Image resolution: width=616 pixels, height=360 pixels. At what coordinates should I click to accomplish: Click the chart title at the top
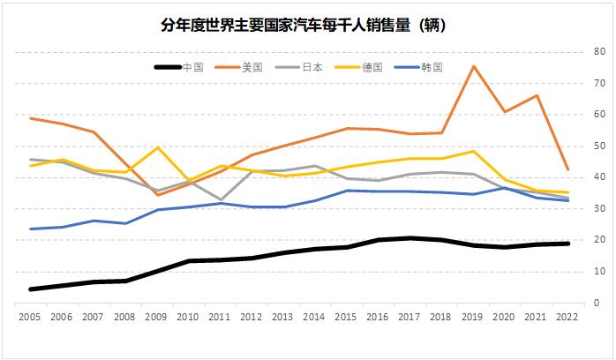coord(308,25)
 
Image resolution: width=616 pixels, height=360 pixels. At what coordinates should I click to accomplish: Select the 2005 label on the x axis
coord(31,316)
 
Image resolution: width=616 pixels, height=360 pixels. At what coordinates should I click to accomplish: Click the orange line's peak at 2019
coord(474,66)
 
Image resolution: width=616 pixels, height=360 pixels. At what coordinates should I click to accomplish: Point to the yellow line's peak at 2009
coord(157,147)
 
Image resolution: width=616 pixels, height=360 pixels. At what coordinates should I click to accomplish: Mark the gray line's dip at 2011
coord(221,199)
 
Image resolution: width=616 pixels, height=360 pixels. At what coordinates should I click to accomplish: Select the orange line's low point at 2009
coord(157,194)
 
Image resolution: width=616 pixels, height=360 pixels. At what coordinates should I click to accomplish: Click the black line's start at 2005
coord(31,289)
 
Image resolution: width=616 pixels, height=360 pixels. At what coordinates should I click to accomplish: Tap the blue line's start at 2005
coord(31,229)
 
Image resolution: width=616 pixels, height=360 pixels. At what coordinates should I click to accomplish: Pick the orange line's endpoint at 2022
coord(568,169)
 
